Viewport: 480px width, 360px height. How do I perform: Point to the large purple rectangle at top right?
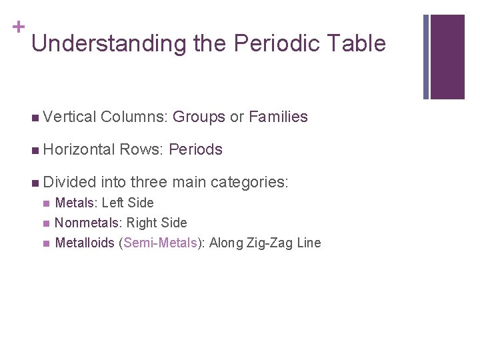[x=447, y=57]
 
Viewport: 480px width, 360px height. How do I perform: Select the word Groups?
[x=199, y=117]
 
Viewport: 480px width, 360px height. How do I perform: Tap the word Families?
[x=278, y=117]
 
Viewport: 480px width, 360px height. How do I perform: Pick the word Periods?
[x=196, y=149]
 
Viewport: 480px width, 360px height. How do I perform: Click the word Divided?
[x=70, y=181]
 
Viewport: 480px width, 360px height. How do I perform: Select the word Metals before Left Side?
[x=76, y=203]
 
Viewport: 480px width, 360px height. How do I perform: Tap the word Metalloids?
[x=85, y=243]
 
